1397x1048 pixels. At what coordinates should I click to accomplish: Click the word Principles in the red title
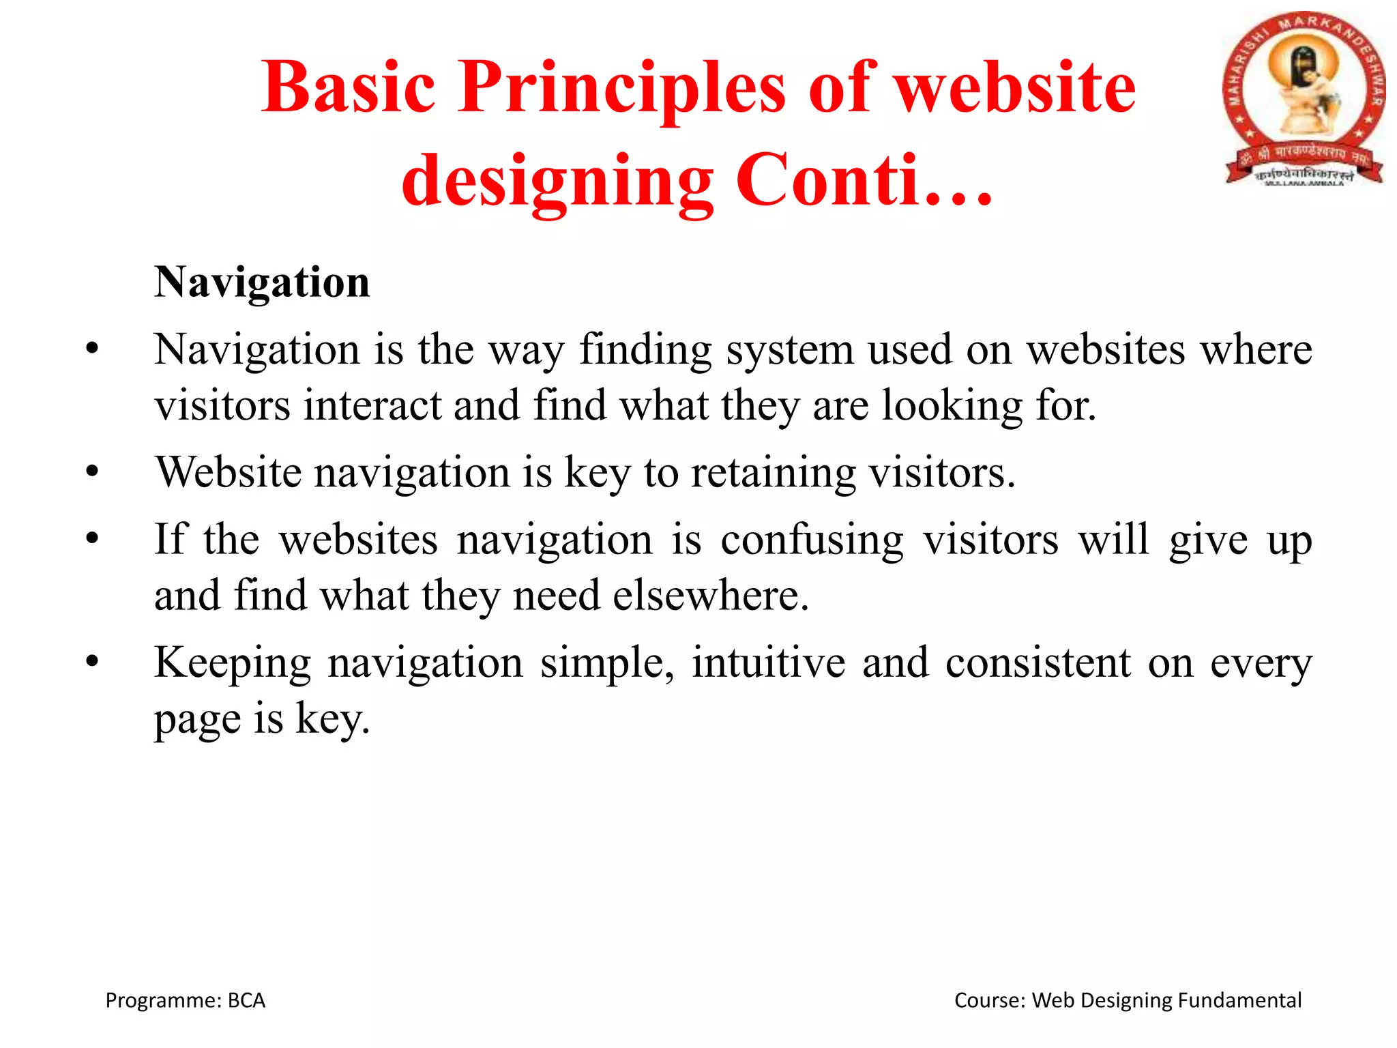click(x=621, y=89)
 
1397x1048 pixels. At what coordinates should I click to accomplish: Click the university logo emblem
click(x=1303, y=99)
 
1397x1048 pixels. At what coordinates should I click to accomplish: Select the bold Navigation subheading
click(x=262, y=282)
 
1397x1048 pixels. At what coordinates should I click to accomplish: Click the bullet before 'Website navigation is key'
click(x=93, y=472)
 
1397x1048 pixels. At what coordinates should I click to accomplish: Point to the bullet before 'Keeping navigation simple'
click(x=93, y=662)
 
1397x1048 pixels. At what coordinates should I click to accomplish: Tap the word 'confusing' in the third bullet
click(x=812, y=540)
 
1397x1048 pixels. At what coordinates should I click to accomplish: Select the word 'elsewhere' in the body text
click(x=709, y=596)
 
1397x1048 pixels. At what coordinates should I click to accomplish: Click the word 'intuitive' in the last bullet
click(x=768, y=663)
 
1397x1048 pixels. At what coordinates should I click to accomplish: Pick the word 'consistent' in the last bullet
click(x=1038, y=663)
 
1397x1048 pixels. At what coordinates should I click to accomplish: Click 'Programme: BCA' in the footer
click(x=185, y=1000)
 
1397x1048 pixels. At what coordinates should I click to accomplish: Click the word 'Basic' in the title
click(x=348, y=89)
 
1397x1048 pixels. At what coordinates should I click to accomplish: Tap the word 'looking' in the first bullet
click(x=952, y=405)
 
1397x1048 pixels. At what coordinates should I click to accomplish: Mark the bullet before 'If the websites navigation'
click(x=93, y=539)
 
